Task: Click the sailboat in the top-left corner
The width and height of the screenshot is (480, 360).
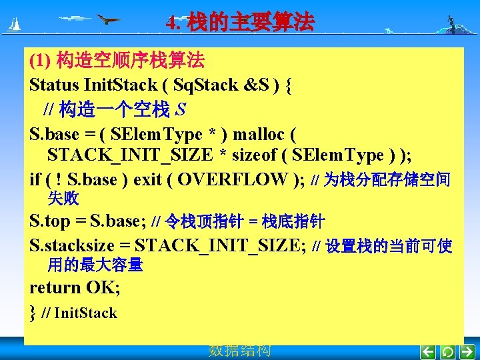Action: (x=13, y=25)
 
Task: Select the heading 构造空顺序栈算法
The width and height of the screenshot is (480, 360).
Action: (x=131, y=61)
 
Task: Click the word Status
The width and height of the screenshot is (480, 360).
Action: (x=54, y=85)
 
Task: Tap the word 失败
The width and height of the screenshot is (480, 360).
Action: (x=63, y=198)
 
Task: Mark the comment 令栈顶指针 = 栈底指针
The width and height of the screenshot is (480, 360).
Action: (x=245, y=221)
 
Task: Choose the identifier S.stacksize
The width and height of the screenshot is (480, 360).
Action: (x=74, y=246)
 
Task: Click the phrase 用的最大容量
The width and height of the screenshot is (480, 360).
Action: (x=95, y=265)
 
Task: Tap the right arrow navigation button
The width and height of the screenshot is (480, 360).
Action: (x=467, y=351)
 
